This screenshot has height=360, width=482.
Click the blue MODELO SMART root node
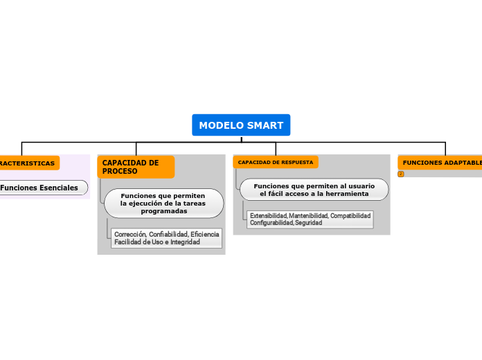pyautogui.click(x=241, y=125)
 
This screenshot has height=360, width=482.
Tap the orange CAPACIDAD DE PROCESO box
pyautogui.click(x=136, y=167)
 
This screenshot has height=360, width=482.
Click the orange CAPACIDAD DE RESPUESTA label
pyautogui.click(x=276, y=162)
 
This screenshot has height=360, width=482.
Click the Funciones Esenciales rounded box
pyautogui.click(x=43, y=188)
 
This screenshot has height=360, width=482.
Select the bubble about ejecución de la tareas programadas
pyautogui.click(x=163, y=204)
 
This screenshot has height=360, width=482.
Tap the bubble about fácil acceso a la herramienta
pyautogui.click(x=314, y=190)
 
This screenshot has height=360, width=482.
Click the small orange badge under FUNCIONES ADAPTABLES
pyautogui.click(x=401, y=174)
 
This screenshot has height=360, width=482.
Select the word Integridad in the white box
pyautogui.click(x=183, y=242)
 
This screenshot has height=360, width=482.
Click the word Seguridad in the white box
pyautogui.click(x=308, y=223)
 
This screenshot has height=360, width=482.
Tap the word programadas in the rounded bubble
pyautogui.click(x=164, y=211)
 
